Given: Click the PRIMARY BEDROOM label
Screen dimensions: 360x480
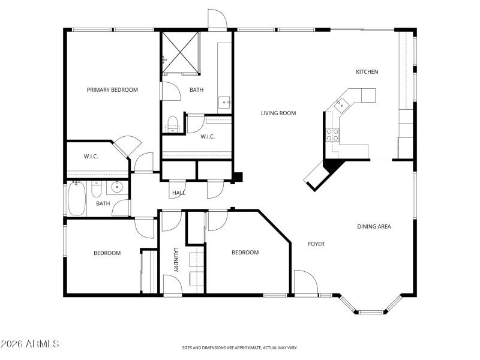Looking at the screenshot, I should click(x=112, y=90).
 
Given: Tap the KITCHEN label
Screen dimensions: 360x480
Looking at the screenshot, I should click(x=367, y=72).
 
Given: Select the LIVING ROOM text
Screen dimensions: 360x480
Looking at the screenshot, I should click(x=278, y=113).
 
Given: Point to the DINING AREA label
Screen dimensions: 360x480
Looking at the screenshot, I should click(x=374, y=226).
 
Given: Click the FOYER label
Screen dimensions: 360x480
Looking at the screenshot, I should click(x=316, y=244).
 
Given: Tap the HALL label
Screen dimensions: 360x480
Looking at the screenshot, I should click(x=179, y=193).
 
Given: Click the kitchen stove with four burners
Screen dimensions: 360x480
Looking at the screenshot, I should click(x=332, y=134).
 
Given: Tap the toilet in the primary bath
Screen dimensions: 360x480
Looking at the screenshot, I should click(x=173, y=124).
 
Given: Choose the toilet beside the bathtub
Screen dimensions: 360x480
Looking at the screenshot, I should click(x=96, y=190).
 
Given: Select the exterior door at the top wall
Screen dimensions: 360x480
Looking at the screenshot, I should click(x=217, y=20).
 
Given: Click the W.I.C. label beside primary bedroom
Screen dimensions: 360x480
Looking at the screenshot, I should click(x=91, y=157).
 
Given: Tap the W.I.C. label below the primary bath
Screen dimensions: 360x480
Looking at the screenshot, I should click(x=208, y=136).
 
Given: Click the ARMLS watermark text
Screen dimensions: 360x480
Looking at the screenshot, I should click(x=30, y=344).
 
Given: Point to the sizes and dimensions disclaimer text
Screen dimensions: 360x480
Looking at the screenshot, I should click(x=240, y=347).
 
